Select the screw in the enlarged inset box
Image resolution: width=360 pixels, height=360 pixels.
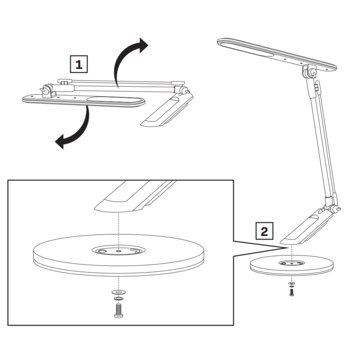coord(119,311)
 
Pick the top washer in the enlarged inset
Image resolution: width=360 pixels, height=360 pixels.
coord(119,293)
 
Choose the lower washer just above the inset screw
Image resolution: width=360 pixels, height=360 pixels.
coord(119,299)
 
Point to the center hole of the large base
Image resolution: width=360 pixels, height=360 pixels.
coord(119,251)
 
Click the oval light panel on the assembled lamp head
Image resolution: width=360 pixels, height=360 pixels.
coord(246,48)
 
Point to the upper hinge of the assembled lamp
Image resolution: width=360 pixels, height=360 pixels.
coord(309,72)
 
